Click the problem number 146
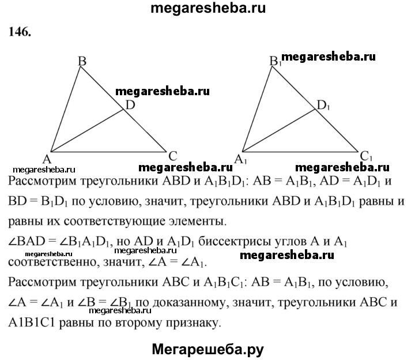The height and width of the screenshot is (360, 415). coord(20,32)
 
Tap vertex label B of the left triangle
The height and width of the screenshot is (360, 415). coord(82,61)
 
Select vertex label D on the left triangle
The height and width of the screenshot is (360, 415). coord(130,105)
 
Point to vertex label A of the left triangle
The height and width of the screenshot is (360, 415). coord(47,159)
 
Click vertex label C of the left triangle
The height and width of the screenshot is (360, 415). coord(172,156)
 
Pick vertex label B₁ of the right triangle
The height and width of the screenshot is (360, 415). coord(276,61)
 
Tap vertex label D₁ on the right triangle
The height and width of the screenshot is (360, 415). coord(323,106)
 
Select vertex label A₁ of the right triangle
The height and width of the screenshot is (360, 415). coord(240,160)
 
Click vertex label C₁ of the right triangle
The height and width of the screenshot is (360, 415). coord(367,156)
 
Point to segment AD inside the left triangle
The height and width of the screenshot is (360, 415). coord(87,130)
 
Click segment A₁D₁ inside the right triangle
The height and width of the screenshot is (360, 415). coord(279,130)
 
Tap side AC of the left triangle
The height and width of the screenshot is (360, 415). coord(108,152)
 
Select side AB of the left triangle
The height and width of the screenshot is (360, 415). coord(65,109)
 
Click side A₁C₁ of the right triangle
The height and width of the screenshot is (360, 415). coord(300,152)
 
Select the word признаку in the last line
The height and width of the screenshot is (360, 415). coord(193,323)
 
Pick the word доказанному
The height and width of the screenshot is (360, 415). coord(191,303)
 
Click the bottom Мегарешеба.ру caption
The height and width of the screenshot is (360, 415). coord(207,349)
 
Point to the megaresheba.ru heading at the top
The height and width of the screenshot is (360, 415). coord(208,8)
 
